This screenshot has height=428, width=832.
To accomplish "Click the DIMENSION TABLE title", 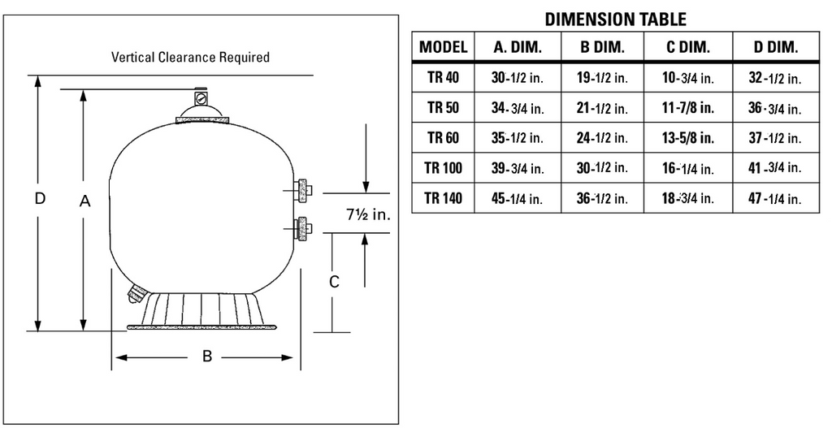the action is (616, 19).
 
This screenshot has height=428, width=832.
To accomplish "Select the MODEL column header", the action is (443, 47).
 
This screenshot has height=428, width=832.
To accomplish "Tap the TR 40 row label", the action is (443, 77).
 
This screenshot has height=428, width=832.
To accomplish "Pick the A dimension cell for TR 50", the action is (518, 108).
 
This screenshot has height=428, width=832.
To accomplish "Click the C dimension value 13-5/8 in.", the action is (687, 138).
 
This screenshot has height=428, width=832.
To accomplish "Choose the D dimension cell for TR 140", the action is (774, 199).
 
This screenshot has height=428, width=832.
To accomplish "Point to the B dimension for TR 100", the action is (602, 168).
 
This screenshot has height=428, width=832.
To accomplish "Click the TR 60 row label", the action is (443, 138).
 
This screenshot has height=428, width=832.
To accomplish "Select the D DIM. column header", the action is (775, 47).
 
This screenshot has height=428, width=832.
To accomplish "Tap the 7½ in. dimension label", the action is (368, 214).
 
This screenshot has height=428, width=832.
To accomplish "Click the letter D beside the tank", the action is (41, 198).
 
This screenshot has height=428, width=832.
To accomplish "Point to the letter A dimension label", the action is (84, 201).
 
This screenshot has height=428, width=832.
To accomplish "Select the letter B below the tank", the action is (207, 357).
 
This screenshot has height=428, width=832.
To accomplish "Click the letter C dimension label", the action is (334, 282).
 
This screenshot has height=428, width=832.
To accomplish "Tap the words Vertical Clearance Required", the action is (190, 58).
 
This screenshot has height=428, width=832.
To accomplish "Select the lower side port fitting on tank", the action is (301, 229).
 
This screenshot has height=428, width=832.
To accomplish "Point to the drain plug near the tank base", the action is (136, 293).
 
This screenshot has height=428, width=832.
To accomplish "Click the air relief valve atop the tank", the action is (200, 97).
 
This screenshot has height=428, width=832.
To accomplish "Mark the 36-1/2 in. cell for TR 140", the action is (602, 199).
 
